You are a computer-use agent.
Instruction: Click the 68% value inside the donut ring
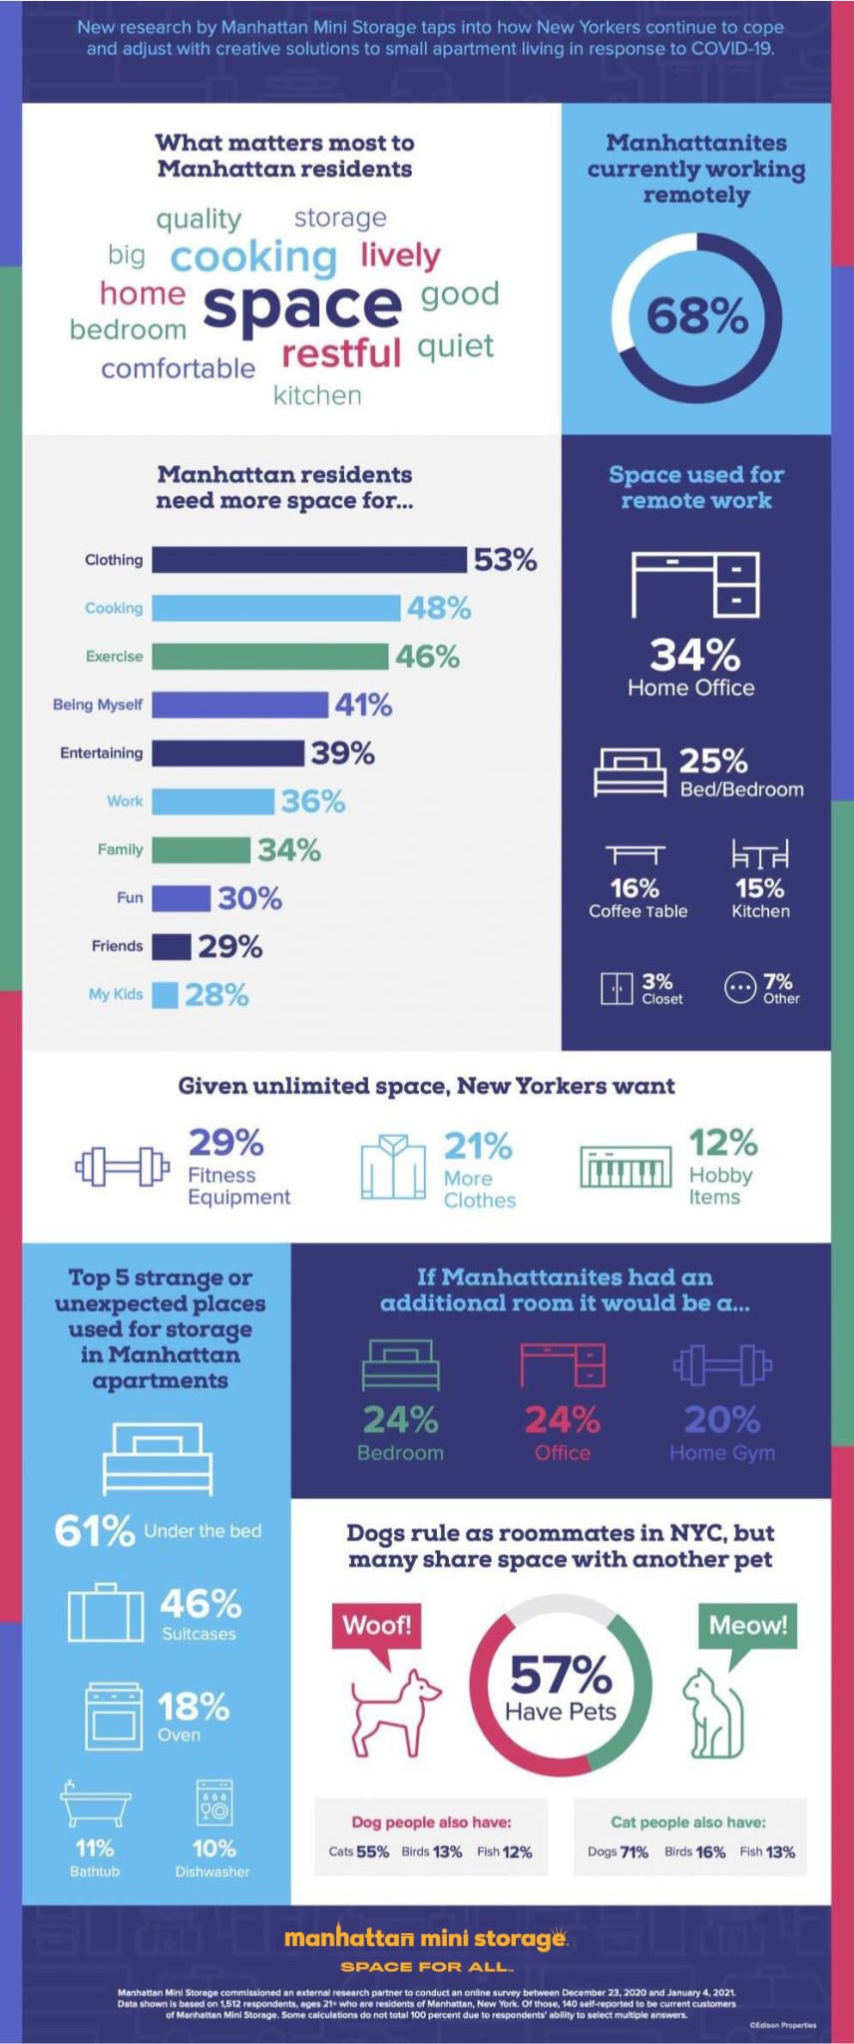[696, 316]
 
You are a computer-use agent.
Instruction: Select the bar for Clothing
[308, 560]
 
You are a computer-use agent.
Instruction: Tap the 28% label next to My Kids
[216, 994]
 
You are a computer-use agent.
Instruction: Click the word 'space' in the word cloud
[302, 306]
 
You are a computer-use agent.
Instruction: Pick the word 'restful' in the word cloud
[341, 352]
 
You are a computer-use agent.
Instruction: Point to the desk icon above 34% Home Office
[695, 584]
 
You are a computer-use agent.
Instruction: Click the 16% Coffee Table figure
[635, 888]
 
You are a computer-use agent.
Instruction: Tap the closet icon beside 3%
[617, 987]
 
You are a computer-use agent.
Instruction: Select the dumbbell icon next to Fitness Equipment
[122, 1166]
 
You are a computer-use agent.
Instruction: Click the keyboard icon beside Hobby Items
[626, 1167]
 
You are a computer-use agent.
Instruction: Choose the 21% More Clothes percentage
[478, 1146]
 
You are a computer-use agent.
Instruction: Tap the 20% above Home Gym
[721, 1419]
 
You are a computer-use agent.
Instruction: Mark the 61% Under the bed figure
[95, 1530]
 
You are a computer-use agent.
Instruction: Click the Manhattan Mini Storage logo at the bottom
[426, 1938]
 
